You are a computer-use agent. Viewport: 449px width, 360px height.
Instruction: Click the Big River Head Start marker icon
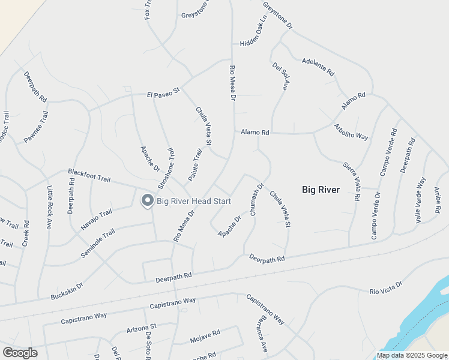coord(147,201)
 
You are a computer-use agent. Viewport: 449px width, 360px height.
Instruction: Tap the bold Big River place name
coord(321,190)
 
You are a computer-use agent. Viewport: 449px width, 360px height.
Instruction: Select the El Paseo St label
coord(164,94)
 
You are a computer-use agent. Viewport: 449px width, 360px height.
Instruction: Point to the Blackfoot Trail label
coord(89,175)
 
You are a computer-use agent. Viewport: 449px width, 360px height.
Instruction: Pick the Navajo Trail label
coord(97,220)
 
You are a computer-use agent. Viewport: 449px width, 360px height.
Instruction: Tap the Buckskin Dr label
coord(67,292)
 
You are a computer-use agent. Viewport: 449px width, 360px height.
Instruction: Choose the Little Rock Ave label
coord(49,208)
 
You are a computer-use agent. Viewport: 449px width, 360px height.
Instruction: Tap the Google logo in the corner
coord(19,353)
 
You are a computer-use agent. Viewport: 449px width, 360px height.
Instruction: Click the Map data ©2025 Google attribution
coord(412,356)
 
